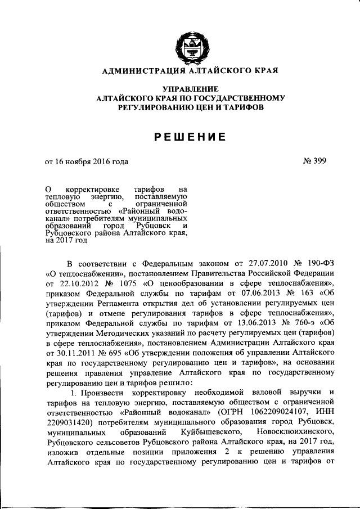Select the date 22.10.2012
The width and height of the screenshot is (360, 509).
click(76, 283)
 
